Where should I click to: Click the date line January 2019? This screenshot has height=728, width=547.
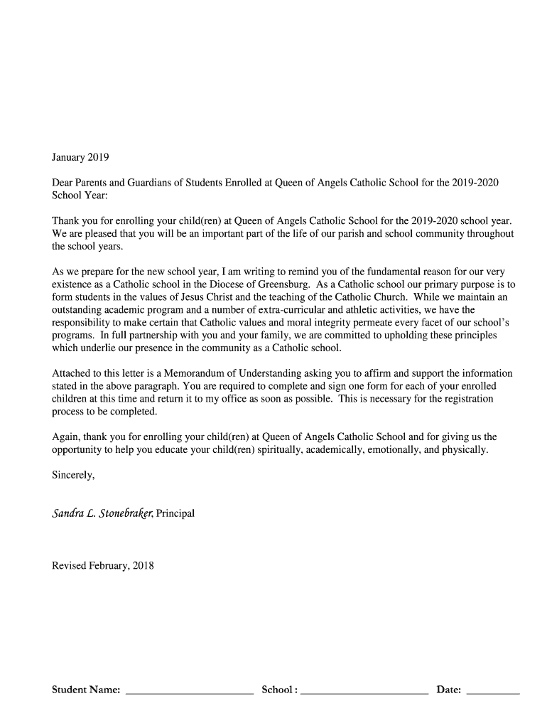tap(81, 156)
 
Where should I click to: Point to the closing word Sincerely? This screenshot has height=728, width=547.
tap(73, 476)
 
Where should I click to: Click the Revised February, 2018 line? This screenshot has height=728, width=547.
tap(103, 566)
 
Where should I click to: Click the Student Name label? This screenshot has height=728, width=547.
tap(86, 690)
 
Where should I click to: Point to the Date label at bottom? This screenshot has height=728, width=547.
tap(448, 690)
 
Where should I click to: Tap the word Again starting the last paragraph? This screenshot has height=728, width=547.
tap(67, 437)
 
